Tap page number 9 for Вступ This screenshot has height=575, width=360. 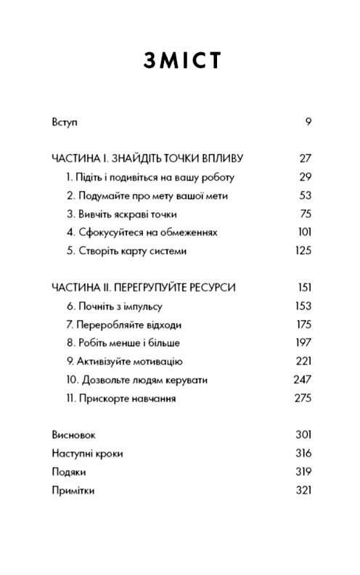[x=308, y=121]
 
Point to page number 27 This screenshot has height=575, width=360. [x=305, y=158]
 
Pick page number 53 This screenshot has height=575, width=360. [x=305, y=195]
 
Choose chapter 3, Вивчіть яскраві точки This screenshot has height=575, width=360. [x=121, y=214]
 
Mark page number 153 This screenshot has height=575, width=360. [x=303, y=306]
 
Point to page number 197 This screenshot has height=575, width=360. [x=303, y=343]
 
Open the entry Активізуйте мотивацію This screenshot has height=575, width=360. [x=123, y=362]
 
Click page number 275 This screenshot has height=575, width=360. [x=303, y=399]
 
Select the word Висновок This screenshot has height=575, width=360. [x=73, y=435]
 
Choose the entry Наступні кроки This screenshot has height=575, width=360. [x=87, y=454]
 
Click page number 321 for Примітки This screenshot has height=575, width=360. [x=303, y=490]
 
